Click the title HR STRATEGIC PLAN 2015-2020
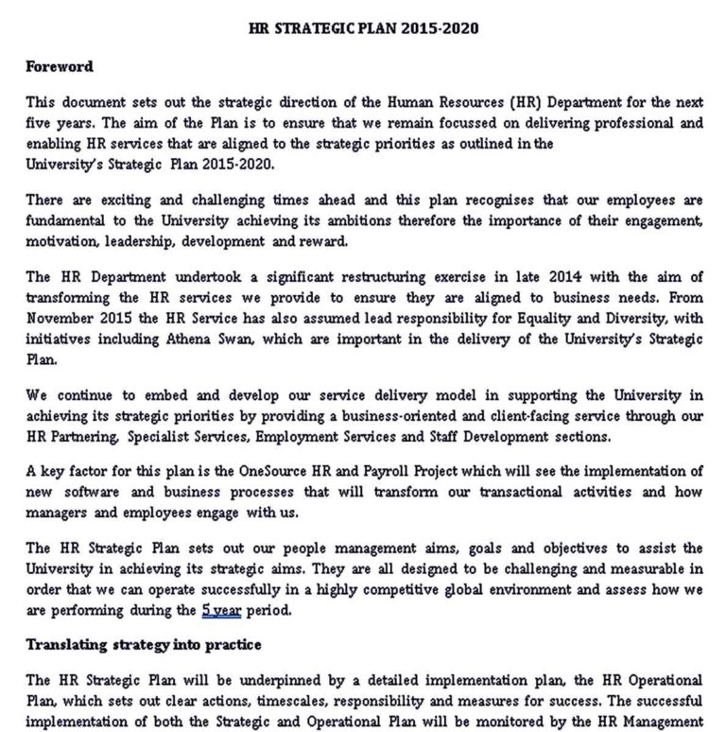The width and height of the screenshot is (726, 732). pos(363,28)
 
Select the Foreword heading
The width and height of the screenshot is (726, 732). pos(59,66)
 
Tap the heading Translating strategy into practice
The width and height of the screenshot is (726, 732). pos(143,645)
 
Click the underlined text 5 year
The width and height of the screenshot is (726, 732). pos(222,610)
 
